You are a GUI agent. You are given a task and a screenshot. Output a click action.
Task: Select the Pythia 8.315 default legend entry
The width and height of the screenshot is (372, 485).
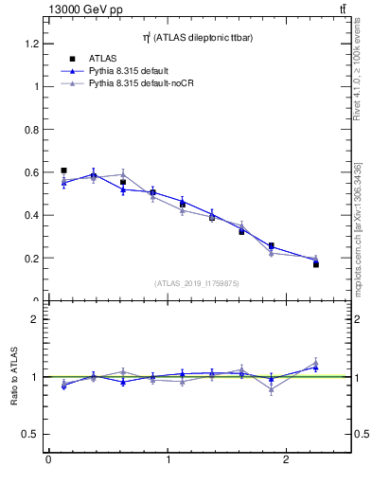133,71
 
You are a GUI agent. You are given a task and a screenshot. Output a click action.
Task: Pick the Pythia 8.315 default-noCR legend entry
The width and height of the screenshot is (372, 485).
143,83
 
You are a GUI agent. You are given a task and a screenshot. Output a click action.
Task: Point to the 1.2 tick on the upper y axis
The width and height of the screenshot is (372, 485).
33,44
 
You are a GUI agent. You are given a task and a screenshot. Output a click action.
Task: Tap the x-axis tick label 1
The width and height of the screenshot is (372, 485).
168,459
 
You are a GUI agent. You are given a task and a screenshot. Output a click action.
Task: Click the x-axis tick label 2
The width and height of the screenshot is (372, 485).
287,459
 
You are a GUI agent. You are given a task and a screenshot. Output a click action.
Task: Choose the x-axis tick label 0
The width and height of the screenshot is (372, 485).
48,459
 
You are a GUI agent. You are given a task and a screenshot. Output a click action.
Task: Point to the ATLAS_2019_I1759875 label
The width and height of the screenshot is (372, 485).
196,282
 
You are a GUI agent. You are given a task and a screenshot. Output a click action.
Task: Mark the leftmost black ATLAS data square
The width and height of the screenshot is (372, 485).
63,171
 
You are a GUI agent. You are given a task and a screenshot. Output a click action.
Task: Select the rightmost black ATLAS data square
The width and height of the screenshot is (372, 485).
316,264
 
